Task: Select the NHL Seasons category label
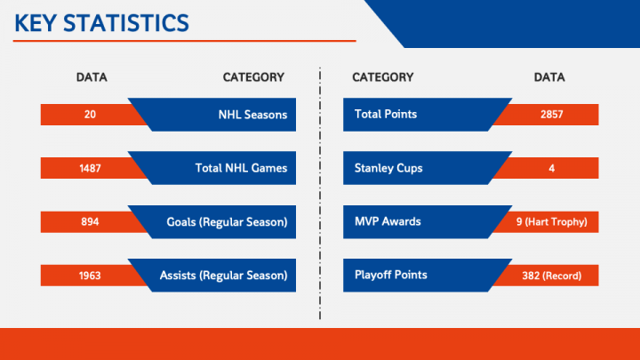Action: point(252,115)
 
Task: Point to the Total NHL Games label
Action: point(241,168)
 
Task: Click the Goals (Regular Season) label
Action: point(227,222)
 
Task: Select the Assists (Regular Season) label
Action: point(223,276)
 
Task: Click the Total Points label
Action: point(386,114)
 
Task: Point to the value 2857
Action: point(551,115)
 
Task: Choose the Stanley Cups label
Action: point(388,168)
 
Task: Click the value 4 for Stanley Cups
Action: point(551,168)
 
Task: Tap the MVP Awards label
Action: point(388,221)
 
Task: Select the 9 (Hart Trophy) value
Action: point(551,222)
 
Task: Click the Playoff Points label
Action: point(391,275)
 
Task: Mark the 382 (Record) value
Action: point(551,276)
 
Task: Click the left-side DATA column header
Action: point(92,77)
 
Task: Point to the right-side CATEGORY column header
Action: point(382,77)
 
